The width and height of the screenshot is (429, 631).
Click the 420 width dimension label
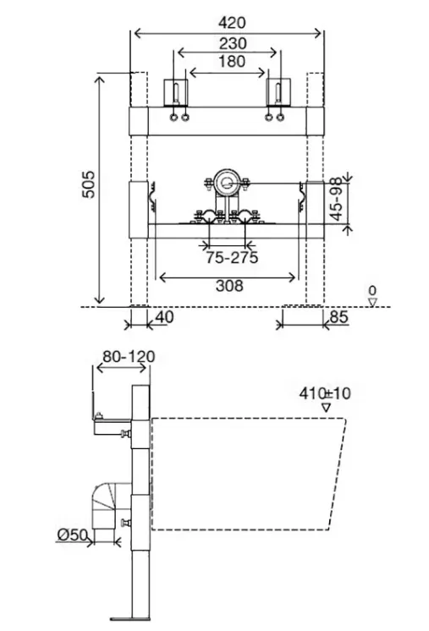click(x=232, y=23)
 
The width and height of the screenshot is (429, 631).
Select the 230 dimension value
click(x=233, y=43)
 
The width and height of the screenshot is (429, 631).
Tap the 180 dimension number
click(x=232, y=62)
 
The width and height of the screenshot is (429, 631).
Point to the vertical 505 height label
click(x=88, y=184)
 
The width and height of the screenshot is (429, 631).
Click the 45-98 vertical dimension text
click(x=337, y=199)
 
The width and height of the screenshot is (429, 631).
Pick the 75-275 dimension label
click(x=232, y=257)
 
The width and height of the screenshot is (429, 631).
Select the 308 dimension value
click(x=229, y=286)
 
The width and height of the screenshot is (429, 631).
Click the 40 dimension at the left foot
click(x=164, y=317)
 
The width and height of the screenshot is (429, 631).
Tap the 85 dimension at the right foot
click(x=338, y=317)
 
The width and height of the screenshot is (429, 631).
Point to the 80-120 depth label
click(x=129, y=357)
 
